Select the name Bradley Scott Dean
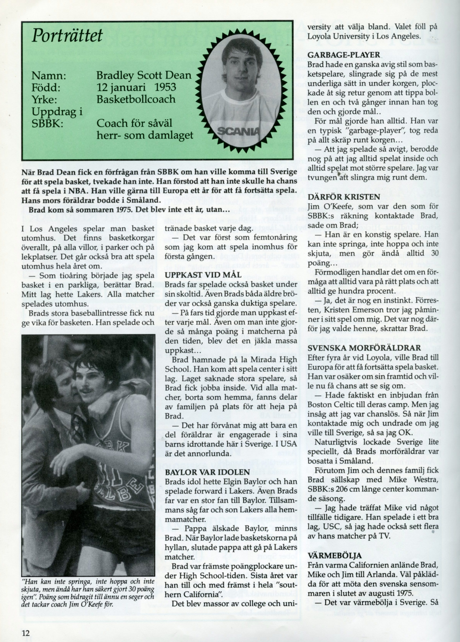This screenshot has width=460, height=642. [144, 76]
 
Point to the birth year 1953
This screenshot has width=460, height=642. [165, 87]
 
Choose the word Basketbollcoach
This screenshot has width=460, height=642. [136, 99]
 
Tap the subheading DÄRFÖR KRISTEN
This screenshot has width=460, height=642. [343, 197]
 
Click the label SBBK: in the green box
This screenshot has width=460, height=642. [47, 124]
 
